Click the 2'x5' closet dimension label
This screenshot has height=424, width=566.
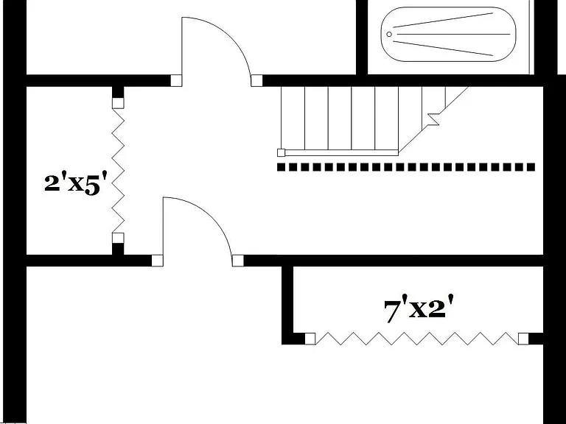click(76, 184)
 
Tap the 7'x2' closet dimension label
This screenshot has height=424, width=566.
click(419, 308)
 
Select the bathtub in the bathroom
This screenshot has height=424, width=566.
click(448, 35)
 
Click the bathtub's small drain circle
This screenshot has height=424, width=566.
click(389, 35)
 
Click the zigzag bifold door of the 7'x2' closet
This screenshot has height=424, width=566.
click(417, 339)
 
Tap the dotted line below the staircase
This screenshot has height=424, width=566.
click(406, 167)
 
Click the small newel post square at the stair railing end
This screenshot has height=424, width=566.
click(282, 152)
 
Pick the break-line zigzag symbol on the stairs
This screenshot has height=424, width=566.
click(433, 119)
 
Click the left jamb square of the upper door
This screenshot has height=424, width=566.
click(176, 81)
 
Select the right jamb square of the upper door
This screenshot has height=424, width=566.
click(256, 81)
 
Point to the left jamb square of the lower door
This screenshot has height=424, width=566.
click(157, 261)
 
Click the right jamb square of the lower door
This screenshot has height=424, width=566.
click(237, 261)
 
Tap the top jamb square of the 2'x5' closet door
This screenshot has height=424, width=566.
click(118, 103)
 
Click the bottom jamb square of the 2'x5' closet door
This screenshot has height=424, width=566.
click(118, 239)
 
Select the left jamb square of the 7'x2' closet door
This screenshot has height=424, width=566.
click(310, 339)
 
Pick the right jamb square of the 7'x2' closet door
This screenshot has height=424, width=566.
click(523, 339)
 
